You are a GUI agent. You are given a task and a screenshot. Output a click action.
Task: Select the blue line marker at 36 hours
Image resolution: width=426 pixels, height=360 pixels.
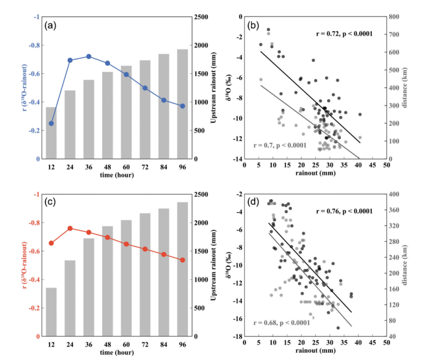click(89, 56)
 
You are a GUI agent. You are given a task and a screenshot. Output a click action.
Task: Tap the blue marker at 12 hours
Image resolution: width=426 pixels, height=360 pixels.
click(51, 123)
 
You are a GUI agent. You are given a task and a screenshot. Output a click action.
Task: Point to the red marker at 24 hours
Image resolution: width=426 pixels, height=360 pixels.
click(70, 228)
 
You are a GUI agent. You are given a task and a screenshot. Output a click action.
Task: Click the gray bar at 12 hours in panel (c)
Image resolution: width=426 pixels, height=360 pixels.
click(51, 312)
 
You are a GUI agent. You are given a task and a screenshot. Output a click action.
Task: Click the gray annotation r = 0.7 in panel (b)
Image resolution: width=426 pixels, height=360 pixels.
click(280, 145)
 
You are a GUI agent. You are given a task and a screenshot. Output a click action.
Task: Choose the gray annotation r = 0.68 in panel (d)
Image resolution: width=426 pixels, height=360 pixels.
click(280, 323)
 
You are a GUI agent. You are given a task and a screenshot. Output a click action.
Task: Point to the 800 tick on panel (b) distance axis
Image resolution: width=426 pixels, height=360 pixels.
click(393, 17)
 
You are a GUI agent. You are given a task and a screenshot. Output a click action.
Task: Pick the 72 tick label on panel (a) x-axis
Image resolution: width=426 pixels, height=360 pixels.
click(145, 167)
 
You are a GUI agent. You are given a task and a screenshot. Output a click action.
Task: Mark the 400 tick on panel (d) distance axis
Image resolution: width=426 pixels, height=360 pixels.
click(393, 195)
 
